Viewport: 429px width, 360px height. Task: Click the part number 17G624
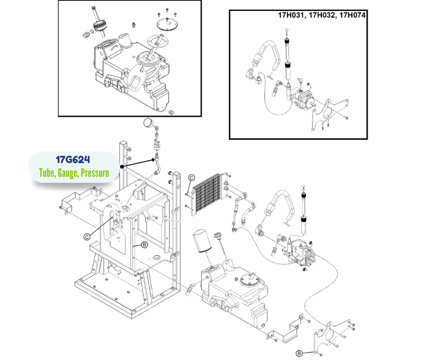73,160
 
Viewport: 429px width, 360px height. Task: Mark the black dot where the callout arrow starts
122,167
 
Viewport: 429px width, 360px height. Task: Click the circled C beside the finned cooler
192,178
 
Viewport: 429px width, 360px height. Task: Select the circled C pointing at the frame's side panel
87,236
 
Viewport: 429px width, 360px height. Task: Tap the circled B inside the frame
144,245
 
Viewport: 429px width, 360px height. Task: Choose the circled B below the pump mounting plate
299,353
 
